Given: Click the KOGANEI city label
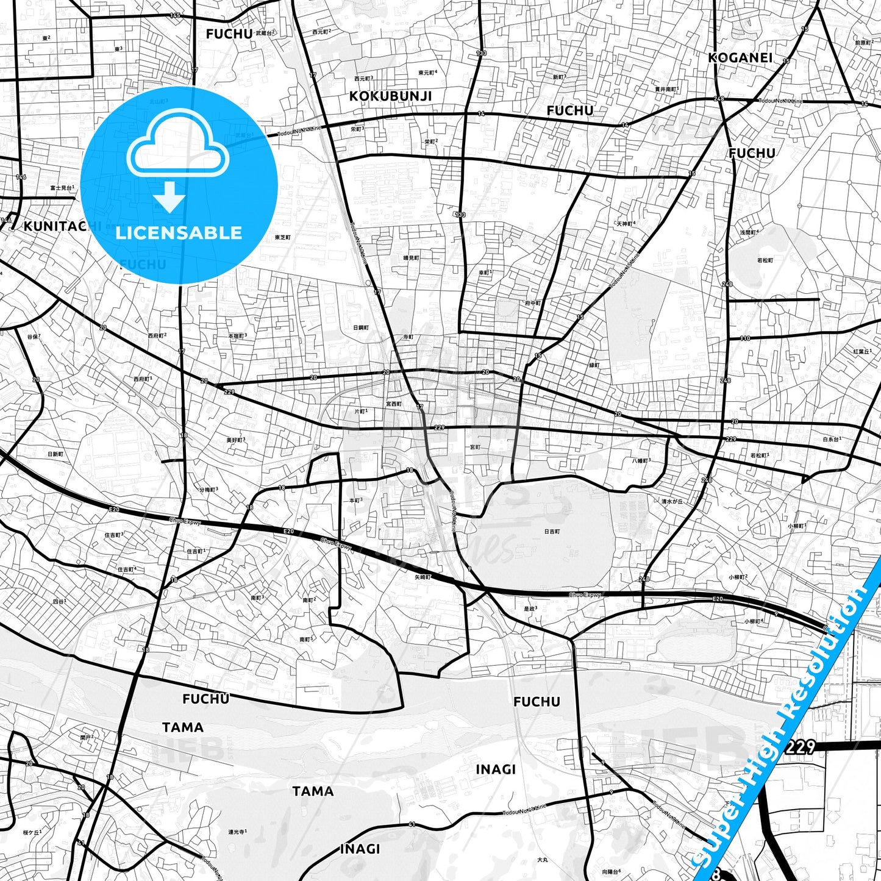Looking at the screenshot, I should coord(740,57).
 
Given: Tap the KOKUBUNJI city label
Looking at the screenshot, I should coord(390,96).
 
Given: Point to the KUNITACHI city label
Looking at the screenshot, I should coord(61,226).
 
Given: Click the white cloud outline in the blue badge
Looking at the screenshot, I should coord(177,145).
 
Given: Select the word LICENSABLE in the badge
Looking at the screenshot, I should coord(179,232).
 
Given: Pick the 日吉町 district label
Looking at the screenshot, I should coord(551,532).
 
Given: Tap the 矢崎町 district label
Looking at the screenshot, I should coord(423,576).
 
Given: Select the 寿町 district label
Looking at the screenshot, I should coord(408,337).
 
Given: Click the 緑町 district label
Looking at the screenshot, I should coord(594,365).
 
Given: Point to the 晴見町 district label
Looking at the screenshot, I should coord(412,258).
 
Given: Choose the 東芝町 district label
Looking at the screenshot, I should coord(283,237).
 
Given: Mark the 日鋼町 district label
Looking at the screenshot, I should coord(361,327).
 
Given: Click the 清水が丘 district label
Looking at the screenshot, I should coord(672,501).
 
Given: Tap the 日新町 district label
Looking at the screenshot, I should coord(55,454).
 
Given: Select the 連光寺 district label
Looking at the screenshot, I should coord(237,832).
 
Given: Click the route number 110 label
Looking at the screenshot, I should coord(745,338).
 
